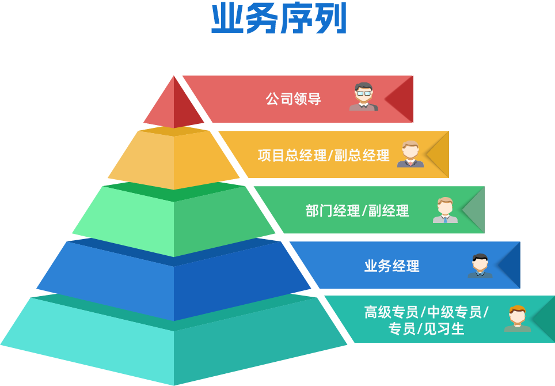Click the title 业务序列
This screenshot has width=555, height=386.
click(279, 20)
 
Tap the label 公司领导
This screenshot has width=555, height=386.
click(293, 99)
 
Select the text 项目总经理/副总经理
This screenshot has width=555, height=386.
click(324, 155)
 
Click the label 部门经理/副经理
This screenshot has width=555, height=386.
click(357, 210)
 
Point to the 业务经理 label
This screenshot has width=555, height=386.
click(391, 266)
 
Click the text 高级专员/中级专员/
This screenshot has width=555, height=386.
click(426, 312)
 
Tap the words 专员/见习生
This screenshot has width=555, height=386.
click(426, 329)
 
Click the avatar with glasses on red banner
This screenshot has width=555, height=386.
click(364, 97)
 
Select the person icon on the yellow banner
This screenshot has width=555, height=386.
click(410, 154)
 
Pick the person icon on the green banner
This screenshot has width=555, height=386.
click(445, 210)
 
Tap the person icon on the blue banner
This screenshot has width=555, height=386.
click(480, 266)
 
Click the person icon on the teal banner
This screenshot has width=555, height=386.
click(517, 319)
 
